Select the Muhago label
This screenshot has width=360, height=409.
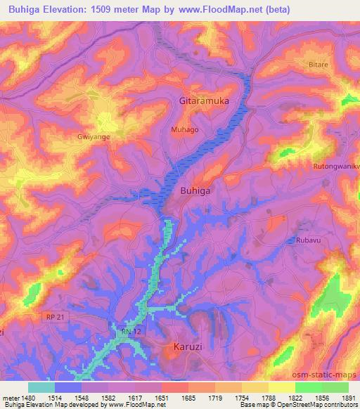pyautogui.click(x=185, y=130)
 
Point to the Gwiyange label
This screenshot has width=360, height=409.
pyautogui.click(x=94, y=138)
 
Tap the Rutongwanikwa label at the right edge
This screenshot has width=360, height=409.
pyautogui.click(x=336, y=167)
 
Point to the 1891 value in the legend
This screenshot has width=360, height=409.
pyautogui.click(x=348, y=397)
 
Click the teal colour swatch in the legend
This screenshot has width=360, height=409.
pyautogui.click(x=41, y=387)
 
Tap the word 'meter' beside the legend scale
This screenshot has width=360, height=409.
pyautogui.click(x=11, y=397)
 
